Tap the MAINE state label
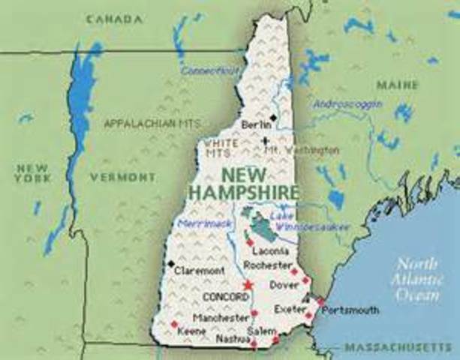397,85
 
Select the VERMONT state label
122,178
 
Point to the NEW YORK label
32,172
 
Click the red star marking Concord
248,284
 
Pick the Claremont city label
199,270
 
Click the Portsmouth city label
350,310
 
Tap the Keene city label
193,330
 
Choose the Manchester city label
221,317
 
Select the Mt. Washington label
302,150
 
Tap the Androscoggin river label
347,103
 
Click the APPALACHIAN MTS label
152,122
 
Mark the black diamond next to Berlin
275,118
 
